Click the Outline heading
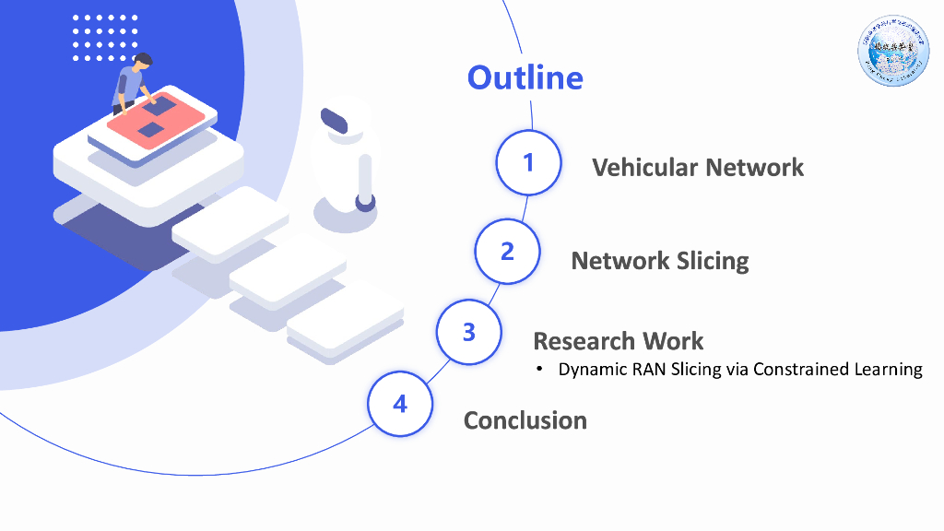point(525,77)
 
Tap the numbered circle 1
point(528,162)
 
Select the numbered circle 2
point(507,251)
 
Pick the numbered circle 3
point(468,331)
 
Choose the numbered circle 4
point(400,404)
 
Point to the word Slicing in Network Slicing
point(713,261)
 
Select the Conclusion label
point(525,420)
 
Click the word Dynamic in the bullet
point(589,370)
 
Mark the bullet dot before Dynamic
point(542,371)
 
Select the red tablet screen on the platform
point(155,118)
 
